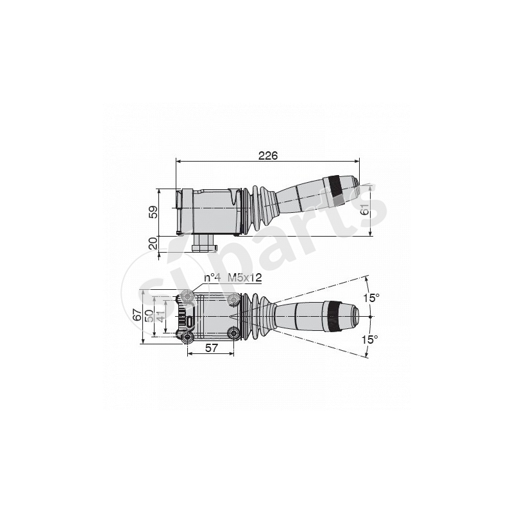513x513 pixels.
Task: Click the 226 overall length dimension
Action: [267, 155]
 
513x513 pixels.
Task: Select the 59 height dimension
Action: [153, 212]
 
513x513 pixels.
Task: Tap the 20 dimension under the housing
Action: [153, 243]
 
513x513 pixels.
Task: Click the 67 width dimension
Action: [137, 315]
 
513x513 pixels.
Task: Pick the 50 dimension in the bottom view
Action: [149, 315]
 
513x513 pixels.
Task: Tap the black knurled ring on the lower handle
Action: [332, 316]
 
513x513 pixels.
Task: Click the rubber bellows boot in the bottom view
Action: [258, 315]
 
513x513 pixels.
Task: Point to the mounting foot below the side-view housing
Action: [205, 244]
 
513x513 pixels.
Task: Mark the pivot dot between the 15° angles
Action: [371, 317]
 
